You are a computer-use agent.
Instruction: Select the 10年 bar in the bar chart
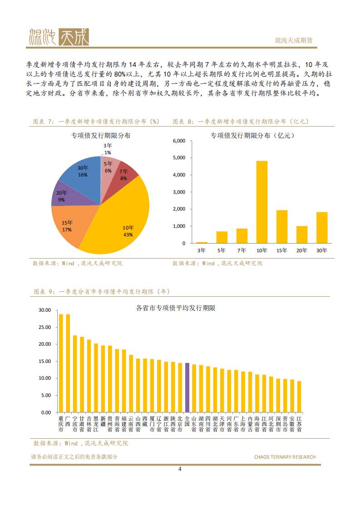[x=262, y=202]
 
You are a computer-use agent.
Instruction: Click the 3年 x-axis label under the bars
[x=202, y=250]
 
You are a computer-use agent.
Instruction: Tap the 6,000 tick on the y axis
[x=179, y=141]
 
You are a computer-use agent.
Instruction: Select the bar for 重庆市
[x=61, y=363]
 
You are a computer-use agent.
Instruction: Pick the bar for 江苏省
[x=299, y=396]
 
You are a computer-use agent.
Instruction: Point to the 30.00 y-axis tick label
[x=45, y=310]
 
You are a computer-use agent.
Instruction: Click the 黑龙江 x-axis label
[x=96, y=423]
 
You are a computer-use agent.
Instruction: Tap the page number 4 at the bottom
[x=180, y=469]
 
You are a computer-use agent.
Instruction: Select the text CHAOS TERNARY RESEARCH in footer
[x=285, y=457]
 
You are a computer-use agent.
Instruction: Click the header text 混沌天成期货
[x=294, y=40]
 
